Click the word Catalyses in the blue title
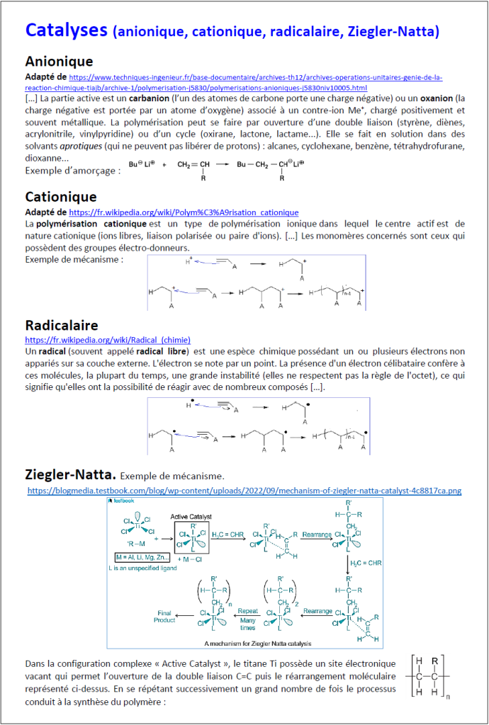tap(67, 30)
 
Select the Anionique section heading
tap(59, 61)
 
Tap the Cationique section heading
tap(61, 196)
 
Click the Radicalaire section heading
tap(61, 326)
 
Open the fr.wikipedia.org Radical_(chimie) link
tap(108, 340)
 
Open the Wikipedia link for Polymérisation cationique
tap(184, 212)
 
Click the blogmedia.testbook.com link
tap(244, 489)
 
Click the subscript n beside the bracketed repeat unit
tap(448, 715)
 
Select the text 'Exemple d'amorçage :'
tap(68, 171)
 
